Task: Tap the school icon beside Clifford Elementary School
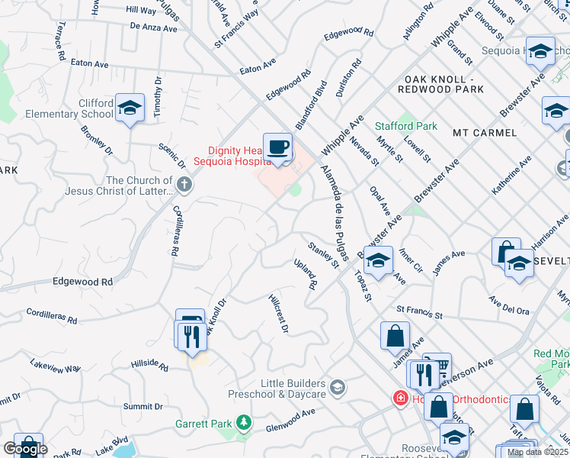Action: [130, 108]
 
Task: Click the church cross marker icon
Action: [184, 184]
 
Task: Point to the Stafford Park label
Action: [406, 126]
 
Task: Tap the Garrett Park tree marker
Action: [244, 421]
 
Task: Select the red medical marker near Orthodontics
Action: [399, 398]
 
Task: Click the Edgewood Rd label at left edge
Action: [82, 282]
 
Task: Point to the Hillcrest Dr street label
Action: [278, 314]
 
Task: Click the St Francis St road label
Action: [419, 313]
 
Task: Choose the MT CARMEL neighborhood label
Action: [485, 133]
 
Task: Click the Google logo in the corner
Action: [25, 449]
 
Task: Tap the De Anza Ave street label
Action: [153, 27]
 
